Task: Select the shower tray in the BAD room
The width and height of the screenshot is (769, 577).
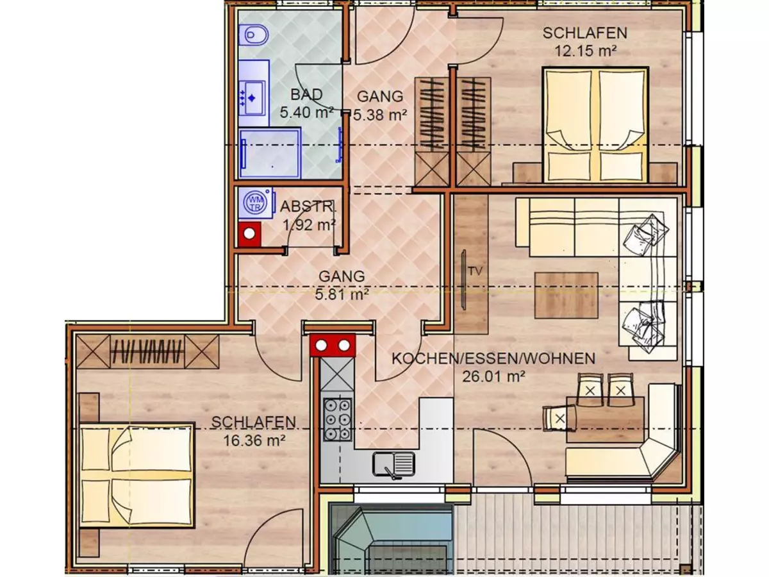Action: [270, 152]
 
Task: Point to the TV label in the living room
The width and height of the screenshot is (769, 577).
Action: [474, 271]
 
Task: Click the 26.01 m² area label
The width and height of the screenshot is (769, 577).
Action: [493, 376]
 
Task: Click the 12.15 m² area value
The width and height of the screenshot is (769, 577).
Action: [585, 51]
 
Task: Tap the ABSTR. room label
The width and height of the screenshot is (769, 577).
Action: [308, 207]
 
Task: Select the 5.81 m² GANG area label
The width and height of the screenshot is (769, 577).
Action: [343, 295]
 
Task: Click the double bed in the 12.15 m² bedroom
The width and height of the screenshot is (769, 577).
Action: [594, 125]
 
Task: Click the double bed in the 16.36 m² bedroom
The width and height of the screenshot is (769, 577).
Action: [136, 476]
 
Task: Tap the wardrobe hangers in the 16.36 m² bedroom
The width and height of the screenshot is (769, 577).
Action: [148, 351]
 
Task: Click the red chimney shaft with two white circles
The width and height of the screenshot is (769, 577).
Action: [333, 346]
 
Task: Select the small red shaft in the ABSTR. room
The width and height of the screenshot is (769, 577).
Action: [249, 233]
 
